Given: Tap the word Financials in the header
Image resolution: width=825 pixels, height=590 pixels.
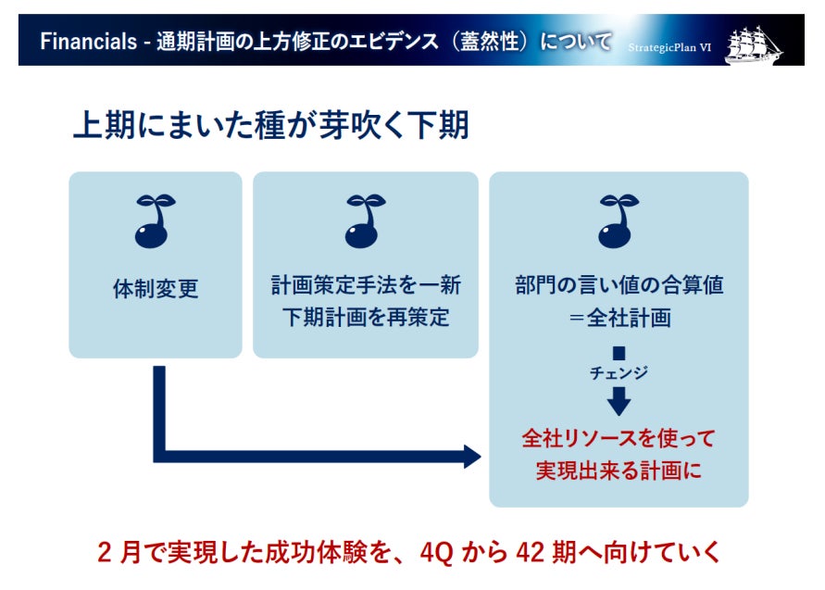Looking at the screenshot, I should click(x=81, y=43).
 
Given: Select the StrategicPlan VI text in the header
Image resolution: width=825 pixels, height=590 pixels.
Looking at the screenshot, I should click(x=669, y=47).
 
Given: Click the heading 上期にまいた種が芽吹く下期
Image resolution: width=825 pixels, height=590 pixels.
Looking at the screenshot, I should click(x=270, y=125).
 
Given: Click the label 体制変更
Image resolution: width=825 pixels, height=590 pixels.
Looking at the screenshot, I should click(x=155, y=288).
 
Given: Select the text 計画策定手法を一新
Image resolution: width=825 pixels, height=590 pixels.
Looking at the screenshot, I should click(x=365, y=284).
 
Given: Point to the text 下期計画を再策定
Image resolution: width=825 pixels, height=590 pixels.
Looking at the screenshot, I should click(x=365, y=317).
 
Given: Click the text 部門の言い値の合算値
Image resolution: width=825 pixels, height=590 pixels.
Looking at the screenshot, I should click(x=619, y=284).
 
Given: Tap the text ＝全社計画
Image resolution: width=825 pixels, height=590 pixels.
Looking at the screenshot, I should click(x=619, y=317).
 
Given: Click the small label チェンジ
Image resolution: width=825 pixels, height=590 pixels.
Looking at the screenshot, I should click(x=619, y=372).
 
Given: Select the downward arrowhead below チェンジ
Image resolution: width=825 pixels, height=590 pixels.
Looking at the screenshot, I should click(x=619, y=402).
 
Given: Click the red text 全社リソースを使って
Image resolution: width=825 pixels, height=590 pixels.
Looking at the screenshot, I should click(x=619, y=437).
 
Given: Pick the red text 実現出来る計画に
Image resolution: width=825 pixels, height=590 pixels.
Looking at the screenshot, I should click(x=619, y=470).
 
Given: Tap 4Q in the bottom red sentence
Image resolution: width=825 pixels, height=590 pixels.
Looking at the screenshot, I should click(x=435, y=553).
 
